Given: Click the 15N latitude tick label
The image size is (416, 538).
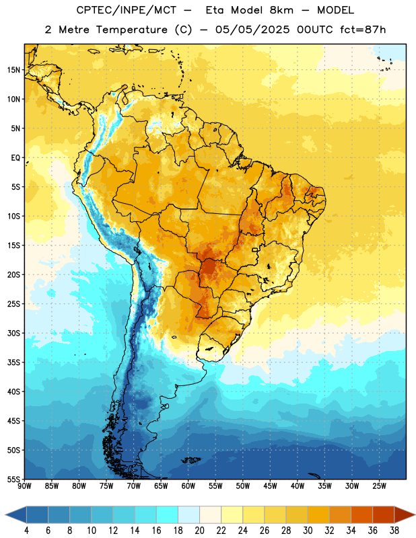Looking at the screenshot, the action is (13, 70).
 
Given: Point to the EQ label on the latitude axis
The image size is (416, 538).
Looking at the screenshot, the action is (15, 158).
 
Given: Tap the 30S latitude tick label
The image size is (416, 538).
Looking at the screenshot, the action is (13, 333).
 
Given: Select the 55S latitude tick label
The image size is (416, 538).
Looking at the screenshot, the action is (13, 479).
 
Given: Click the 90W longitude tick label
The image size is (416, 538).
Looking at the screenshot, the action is (24, 486).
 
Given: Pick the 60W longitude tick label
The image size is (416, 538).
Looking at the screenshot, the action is (188, 486).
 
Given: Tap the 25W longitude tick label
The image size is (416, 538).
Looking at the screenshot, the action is (379, 486).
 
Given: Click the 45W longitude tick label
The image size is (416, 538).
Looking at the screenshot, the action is (270, 486).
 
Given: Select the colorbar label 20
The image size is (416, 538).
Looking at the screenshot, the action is (199, 531).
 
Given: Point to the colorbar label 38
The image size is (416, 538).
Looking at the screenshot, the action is (394, 531).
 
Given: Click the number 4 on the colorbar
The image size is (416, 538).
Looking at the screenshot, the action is (26, 531).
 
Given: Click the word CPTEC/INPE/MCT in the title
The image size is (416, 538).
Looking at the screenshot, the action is (126, 10).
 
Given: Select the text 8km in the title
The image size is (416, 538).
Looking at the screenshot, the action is (281, 10).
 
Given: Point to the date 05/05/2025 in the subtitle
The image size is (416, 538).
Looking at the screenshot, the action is (252, 30).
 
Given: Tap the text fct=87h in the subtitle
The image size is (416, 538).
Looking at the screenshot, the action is (363, 30).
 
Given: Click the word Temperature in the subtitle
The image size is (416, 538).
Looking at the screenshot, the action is (131, 30).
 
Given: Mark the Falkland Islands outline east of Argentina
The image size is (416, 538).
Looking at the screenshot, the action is (190, 460).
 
